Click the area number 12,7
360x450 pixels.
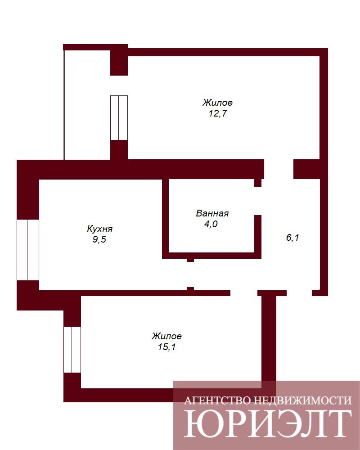[x=218, y=113]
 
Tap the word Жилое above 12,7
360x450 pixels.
[x=218, y=103]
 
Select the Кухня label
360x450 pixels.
[x=99, y=229]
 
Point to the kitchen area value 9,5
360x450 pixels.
[x=99, y=239]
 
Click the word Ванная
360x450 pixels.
[x=212, y=213]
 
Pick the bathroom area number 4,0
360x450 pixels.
[x=211, y=224]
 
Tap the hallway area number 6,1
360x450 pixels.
[x=292, y=237]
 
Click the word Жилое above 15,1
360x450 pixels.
[x=166, y=336]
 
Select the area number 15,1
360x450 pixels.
[x=166, y=347]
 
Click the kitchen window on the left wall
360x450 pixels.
[x=28, y=250]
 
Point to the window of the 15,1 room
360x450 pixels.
[x=72, y=349]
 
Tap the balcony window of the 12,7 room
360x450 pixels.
[x=119, y=117]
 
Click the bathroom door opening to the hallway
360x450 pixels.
[x=258, y=201]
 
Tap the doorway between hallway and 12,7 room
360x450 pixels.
[x=279, y=169]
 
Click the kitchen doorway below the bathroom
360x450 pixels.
[x=190, y=274]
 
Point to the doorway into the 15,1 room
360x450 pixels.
[x=244, y=293]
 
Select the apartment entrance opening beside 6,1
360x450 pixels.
[x=299, y=293]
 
